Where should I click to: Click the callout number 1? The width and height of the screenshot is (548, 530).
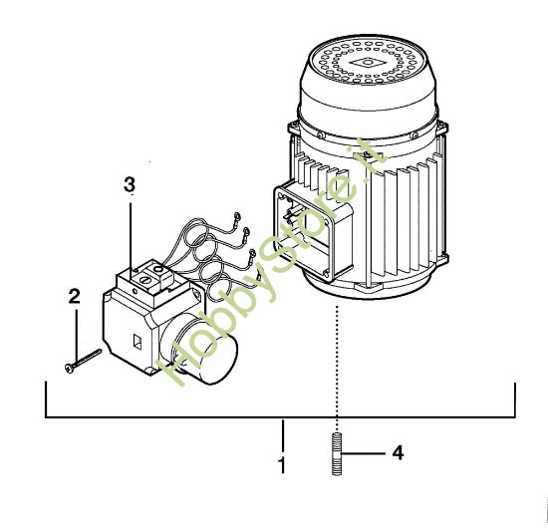click(283, 465)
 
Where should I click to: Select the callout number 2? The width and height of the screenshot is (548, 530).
click(73, 296)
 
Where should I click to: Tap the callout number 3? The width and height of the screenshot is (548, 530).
click(129, 185)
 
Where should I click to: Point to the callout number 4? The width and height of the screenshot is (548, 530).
click(397, 452)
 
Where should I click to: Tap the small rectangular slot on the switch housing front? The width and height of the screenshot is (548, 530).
click(137, 346)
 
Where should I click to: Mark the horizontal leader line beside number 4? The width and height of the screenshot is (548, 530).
click(364, 452)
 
